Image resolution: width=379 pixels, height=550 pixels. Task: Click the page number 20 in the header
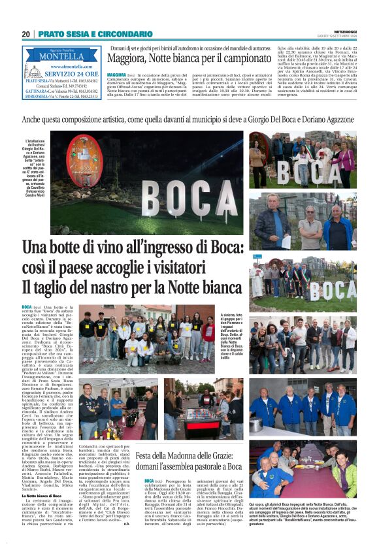25,34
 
